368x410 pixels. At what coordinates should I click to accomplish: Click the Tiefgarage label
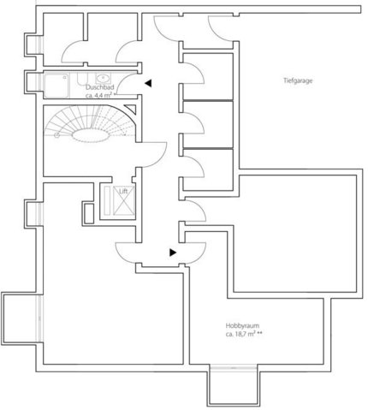pyautogui.click(x=298, y=80)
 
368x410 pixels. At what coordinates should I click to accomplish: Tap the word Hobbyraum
pyautogui.click(x=242, y=325)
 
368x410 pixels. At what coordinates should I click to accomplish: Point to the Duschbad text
pyautogui.click(x=100, y=87)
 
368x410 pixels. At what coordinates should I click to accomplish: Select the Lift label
pyautogui.click(x=123, y=191)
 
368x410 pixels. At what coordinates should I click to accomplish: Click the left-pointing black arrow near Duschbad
pyautogui.click(x=148, y=83)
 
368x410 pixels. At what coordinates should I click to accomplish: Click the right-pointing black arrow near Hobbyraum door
pyautogui.click(x=173, y=253)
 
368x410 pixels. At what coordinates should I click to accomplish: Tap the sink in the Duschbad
pyautogui.click(x=102, y=78)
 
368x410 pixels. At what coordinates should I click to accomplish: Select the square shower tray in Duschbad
pyautogui.click(x=56, y=86)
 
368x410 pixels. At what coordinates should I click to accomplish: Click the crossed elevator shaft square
pyautogui.click(x=124, y=200)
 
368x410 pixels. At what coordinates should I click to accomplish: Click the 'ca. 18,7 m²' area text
pyautogui.click(x=240, y=334)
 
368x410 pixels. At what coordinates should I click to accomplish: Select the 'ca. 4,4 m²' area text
pyautogui.click(x=98, y=95)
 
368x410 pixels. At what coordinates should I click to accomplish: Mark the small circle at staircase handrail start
pyautogui.click(x=56, y=135)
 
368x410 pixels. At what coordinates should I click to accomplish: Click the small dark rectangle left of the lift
pyautogui.click(x=89, y=213)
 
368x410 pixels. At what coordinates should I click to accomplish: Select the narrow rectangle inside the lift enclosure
pyautogui.click(x=107, y=200)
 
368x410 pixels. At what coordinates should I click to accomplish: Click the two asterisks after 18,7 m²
pyautogui.click(x=259, y=333)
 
